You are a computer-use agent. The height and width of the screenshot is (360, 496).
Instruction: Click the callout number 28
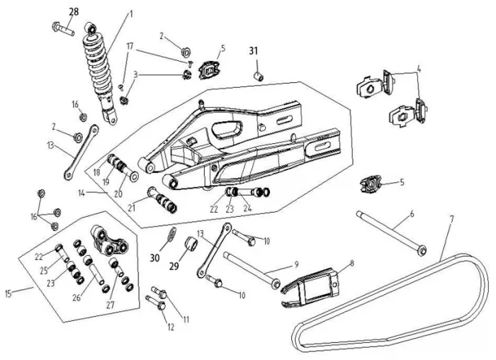74,12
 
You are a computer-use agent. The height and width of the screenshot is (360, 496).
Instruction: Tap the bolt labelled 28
63,28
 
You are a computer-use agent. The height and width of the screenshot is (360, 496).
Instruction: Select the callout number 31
254,50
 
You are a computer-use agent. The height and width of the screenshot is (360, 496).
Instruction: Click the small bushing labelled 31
259,77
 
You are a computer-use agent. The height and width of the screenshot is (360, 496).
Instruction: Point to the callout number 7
452,218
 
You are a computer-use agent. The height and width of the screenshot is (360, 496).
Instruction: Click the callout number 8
352,263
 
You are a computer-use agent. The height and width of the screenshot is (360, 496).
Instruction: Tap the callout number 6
412,214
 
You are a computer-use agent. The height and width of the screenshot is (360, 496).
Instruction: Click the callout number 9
296,264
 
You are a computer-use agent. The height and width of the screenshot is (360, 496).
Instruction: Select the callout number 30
154,258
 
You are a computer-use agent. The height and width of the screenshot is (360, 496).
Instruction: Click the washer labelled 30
171,233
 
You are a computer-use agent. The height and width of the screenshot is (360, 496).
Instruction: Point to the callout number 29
174,266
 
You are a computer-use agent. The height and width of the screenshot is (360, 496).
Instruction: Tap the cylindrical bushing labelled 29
191,244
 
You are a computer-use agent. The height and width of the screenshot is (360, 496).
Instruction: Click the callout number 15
9,293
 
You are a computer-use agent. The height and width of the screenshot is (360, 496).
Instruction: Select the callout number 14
82,193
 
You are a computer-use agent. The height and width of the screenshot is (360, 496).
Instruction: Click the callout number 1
131,14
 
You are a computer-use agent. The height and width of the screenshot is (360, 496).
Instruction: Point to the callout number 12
171,327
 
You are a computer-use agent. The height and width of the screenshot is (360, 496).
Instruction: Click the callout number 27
111,305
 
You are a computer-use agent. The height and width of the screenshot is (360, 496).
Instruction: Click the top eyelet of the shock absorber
91,28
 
